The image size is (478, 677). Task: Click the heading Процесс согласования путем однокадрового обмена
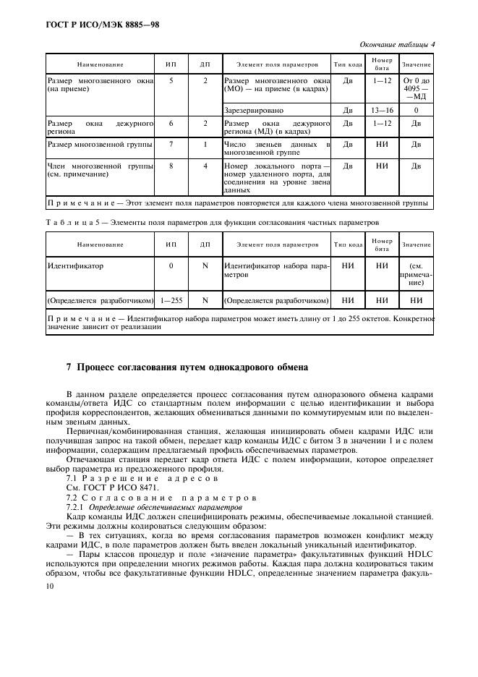187,367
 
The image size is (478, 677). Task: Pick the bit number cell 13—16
383,111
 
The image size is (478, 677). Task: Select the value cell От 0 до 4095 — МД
416,89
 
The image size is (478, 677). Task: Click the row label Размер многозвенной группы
100,145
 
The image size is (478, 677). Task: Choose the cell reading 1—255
171,299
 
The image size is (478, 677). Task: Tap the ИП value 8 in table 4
171,166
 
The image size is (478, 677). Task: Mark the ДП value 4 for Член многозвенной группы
205,166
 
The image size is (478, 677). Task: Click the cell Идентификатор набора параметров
277,271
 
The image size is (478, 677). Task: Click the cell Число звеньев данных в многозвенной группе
277,149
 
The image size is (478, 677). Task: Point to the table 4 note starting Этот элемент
239,203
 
